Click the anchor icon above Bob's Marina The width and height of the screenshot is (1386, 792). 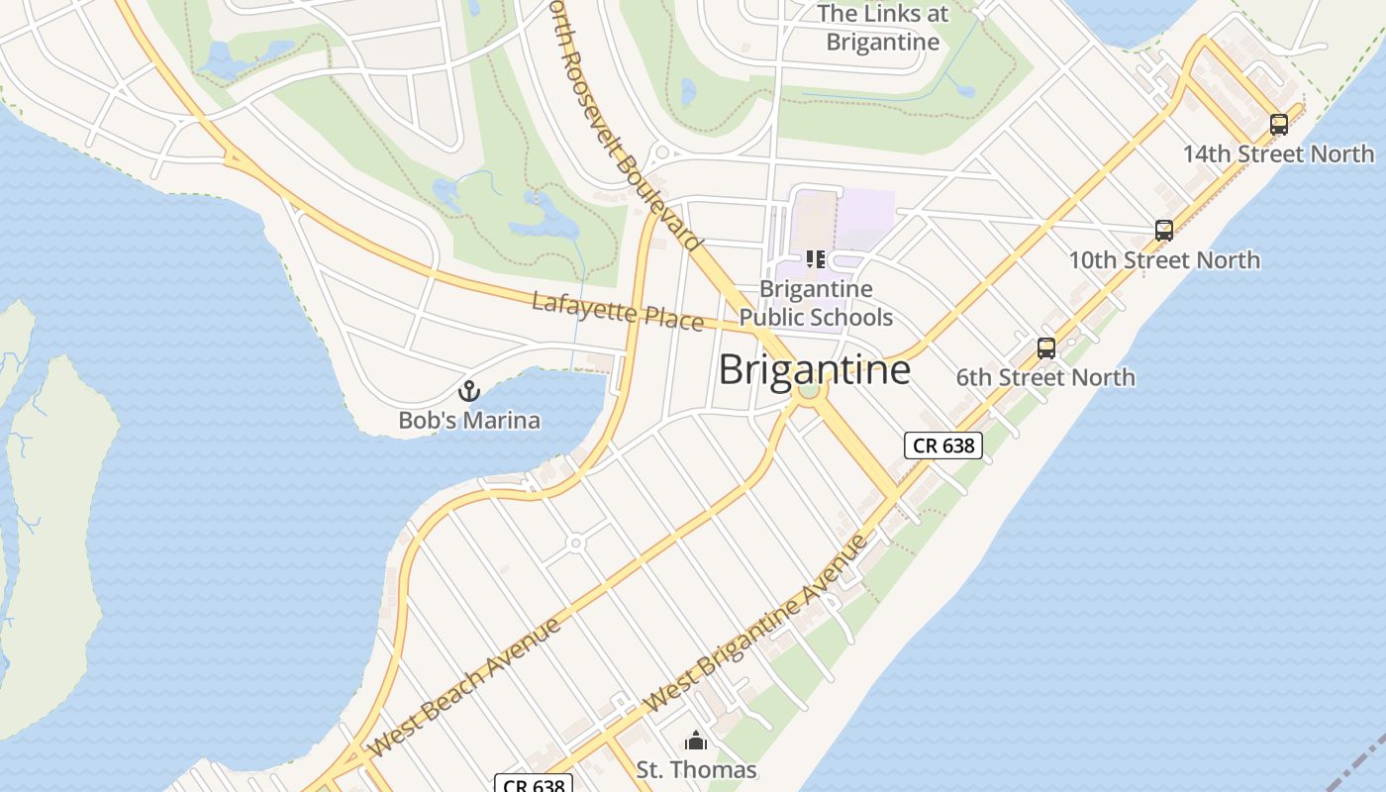(x=469, y=390)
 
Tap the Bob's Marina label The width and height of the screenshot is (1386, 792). (x=469, y=420)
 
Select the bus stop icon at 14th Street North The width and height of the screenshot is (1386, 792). (x=1279, y=125)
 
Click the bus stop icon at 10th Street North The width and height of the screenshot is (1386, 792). (x=1164, y=231)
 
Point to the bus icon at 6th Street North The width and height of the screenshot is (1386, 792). (x=1046, y=348)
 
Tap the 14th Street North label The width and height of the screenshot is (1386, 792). (x=1278, y=154)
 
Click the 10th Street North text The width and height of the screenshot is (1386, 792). (x=1163, y=260)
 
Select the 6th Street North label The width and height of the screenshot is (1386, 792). (x=1045, y=377)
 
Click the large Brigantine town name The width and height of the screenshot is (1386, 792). (x=814, y=369)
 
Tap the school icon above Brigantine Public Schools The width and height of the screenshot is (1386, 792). (x=816, y=259)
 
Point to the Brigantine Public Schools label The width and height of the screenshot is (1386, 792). (x=817, y=303)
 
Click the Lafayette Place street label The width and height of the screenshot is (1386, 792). (x=618, y=311)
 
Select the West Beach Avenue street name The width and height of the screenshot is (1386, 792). (x=465, y=685)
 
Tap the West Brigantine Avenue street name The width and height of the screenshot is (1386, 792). (x=755, y=623)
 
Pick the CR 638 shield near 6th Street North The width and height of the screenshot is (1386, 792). (x=943, y=445)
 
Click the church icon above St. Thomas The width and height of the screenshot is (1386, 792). (x=696, y=741)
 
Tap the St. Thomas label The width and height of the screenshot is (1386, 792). (x=696, y=769)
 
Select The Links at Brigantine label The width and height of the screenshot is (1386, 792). (x=882, y=28)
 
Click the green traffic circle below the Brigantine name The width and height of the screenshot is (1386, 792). (x=809, y=390)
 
